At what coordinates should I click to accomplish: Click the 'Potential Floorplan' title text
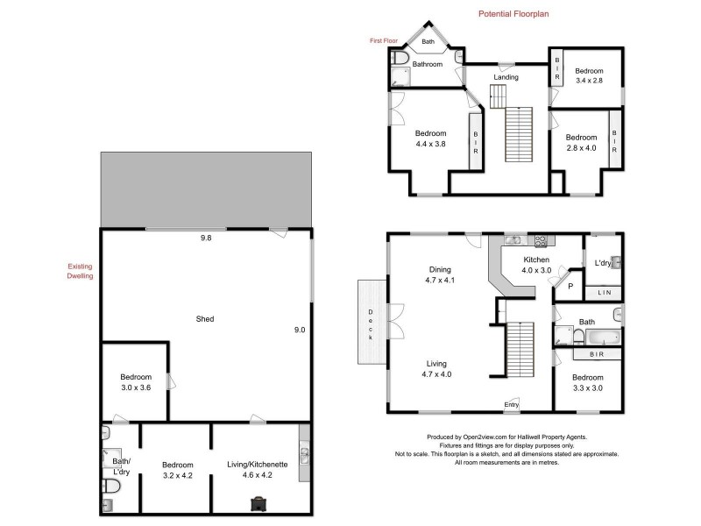(513, 14)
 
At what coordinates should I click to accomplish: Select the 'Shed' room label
(206, 319)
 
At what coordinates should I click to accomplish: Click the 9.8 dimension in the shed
(206, 238)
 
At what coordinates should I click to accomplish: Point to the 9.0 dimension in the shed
(299, 330)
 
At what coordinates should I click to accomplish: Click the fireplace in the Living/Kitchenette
(260, 503)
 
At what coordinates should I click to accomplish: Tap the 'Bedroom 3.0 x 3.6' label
(136, 381)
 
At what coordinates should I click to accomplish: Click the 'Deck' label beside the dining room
(371, 324)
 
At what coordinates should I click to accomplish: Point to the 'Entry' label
(511, 404)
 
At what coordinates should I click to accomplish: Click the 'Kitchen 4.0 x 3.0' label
(536, 266)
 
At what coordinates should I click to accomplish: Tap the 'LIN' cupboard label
(604, 292)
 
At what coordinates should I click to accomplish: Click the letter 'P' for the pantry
(570, 286)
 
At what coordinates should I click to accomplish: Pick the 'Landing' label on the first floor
(506, 77)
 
